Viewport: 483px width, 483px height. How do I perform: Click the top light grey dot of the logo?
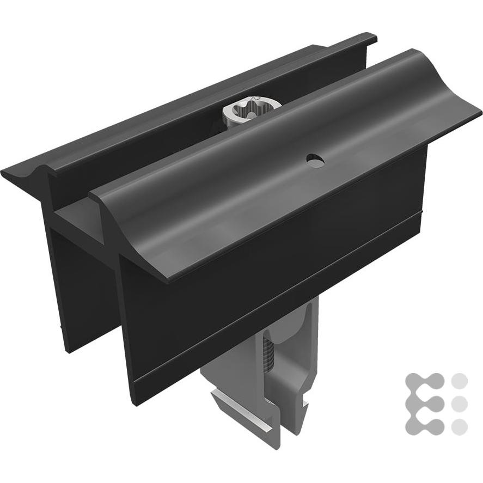[460, 381]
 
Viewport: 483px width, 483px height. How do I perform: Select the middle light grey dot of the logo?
[460, 403]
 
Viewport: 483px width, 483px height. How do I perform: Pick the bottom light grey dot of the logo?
[460, 426]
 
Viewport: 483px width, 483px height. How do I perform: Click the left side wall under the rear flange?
[65, 283]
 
